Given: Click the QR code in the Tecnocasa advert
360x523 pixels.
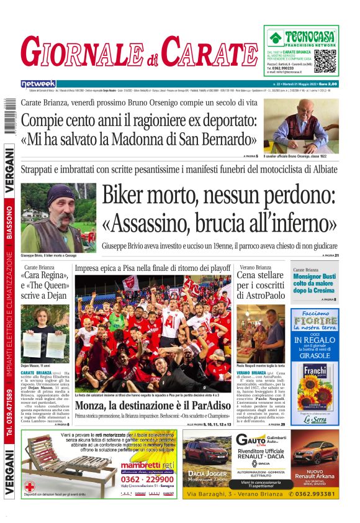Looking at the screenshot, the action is point(325,61).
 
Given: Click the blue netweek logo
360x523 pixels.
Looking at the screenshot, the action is point(38,83).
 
